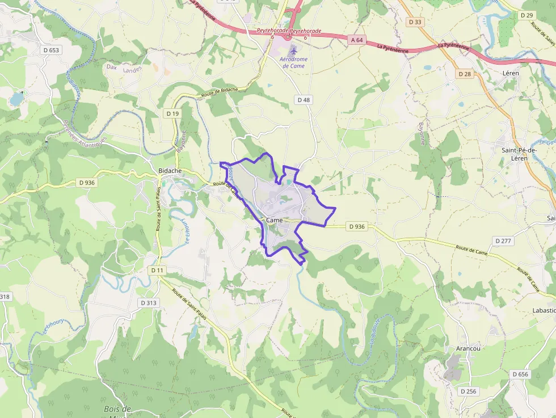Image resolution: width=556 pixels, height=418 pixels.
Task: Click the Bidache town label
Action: [170, 171]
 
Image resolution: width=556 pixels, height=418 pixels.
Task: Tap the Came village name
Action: [274, 220]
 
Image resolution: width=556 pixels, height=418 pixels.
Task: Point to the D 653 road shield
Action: [50, 50]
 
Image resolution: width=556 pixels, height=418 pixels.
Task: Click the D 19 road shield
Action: [173, 113]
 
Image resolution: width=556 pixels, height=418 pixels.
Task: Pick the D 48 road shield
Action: [304, 100]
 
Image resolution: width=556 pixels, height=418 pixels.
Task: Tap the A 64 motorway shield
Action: [357, 40]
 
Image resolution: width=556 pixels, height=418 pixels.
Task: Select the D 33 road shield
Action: [415, 22]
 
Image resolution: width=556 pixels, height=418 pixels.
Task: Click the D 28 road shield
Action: [465, 74]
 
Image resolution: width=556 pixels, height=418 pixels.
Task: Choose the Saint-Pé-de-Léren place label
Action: [515, 154]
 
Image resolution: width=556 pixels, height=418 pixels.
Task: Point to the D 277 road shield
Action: [503, 241]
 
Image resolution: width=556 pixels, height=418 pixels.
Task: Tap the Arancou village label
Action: [468, 348]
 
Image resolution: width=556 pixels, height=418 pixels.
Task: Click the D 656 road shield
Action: [520, 374]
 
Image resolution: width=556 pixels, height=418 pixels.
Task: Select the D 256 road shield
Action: [468, 391]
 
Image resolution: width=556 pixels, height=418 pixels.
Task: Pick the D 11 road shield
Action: [158, 271]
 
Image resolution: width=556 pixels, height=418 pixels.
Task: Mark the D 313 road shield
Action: [149, 303]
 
